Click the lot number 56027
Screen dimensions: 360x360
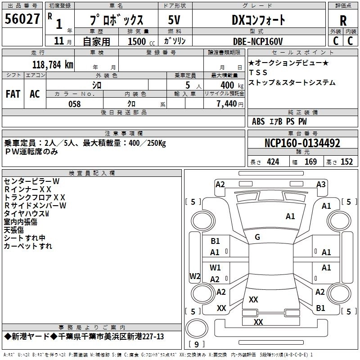coord(22,20)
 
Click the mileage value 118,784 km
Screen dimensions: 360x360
coord(53,64)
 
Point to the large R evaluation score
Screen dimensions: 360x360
coord(343,21)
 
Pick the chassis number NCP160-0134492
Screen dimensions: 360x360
coord(302,144)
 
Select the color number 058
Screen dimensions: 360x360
coord(74,104)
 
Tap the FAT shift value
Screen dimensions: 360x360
coord(13,94)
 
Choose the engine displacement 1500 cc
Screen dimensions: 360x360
coord(137,41)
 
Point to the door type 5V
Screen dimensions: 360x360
coord(174,20)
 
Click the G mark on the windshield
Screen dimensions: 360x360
coord(257,237)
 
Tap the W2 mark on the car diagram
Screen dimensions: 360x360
coord(195,276)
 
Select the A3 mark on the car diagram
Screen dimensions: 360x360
coord(321,184)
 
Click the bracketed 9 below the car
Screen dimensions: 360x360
coord(196,345)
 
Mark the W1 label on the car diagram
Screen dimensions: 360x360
coord(215,267)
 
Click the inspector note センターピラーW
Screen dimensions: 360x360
coord(31,181)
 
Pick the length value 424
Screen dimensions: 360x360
coord(273,162)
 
